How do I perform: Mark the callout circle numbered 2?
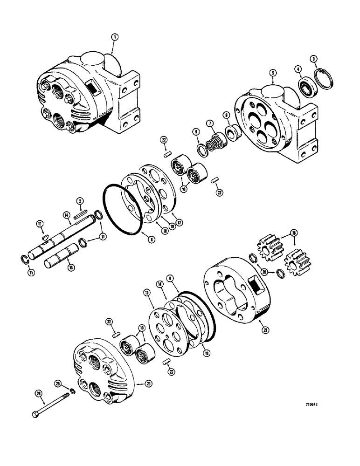[80, 201]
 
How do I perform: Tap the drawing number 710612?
[316, 406]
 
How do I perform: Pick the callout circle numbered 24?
[39, 393]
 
